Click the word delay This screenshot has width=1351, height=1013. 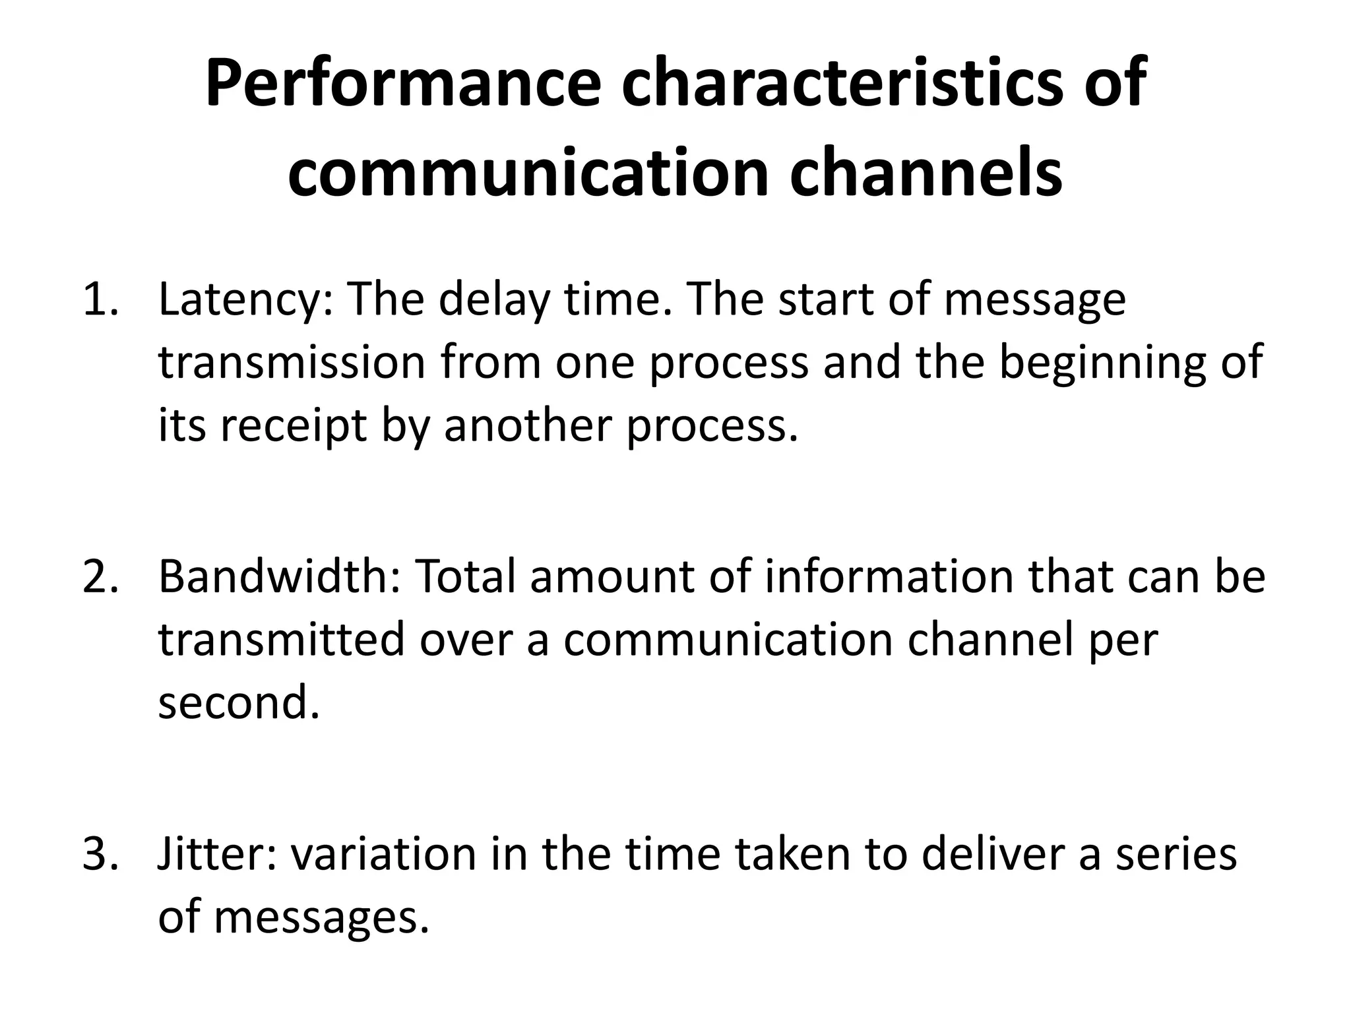click(x=493, y=301)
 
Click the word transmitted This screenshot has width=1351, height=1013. click(x=281, y=640)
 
